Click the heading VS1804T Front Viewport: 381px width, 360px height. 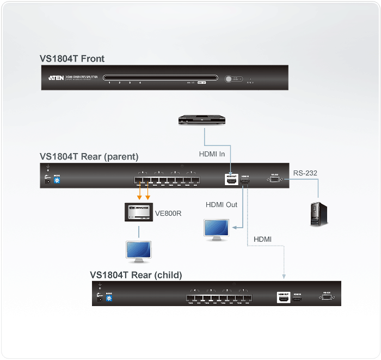72,59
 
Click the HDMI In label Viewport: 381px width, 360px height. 212,154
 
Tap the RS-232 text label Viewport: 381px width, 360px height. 305,173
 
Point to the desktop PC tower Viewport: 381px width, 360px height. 318,214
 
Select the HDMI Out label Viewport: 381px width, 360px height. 222,205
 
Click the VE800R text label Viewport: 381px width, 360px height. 168,213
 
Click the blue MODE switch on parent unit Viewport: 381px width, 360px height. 57,180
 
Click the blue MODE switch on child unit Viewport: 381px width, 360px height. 109,298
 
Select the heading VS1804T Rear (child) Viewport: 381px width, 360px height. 136,274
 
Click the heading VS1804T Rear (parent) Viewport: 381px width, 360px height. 89,157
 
